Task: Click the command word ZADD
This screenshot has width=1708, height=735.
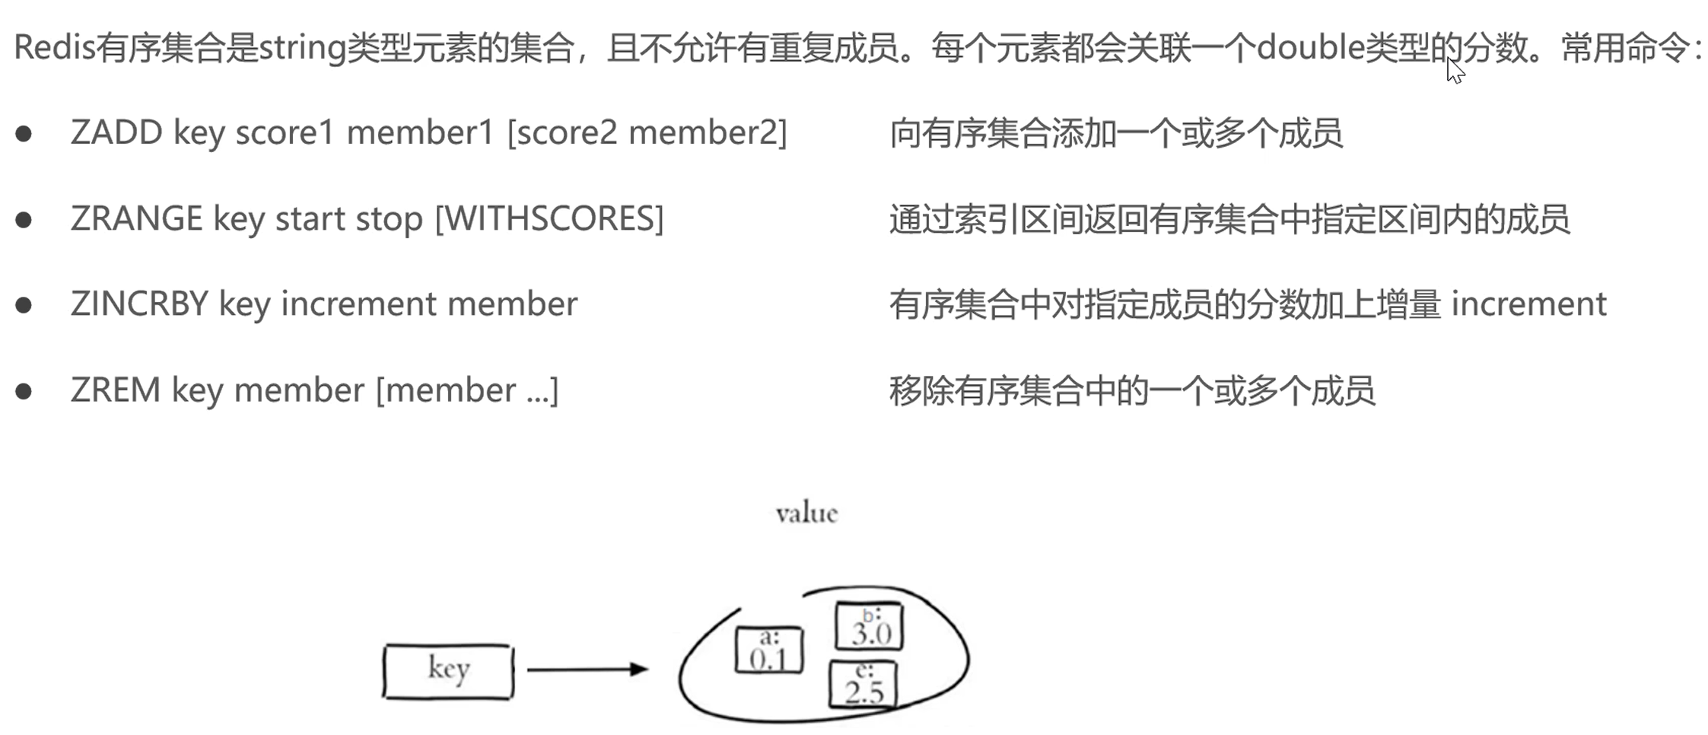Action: [x=116, y=133]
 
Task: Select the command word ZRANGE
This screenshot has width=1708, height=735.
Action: [x=136, y=219]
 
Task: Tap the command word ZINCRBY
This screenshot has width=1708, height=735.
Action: [x=139, y=304]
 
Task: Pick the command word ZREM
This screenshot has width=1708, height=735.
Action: [x=115, y=390]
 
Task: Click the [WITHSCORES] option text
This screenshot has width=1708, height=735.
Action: [x=549, y=219]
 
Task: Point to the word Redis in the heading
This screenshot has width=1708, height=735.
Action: [x=54, y=48]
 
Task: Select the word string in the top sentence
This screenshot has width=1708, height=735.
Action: [x=303, y=49]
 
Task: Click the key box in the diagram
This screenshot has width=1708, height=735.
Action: [x=448, y=670]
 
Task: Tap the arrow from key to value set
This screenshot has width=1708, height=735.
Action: [x=587, y=670]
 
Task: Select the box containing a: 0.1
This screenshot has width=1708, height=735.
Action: [x=768, y=651]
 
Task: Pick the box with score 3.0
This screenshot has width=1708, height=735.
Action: [x=870, y=626]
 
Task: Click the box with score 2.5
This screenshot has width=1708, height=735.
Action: [x=863, y=685]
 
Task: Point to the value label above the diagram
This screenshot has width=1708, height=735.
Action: [x=806, y=514]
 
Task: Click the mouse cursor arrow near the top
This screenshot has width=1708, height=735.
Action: [x=1455, y=71]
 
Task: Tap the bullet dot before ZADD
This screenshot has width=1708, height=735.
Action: [x=24, y=134]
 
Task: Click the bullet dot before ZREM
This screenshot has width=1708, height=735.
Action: [x=24, y=391]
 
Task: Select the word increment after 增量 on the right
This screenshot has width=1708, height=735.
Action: [x=1528, y=304]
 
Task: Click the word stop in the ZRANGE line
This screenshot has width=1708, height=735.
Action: [x=389, y=220]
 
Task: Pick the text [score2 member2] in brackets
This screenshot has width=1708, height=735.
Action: [x=647, y=133]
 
